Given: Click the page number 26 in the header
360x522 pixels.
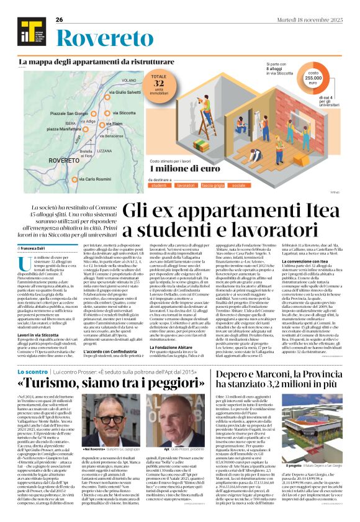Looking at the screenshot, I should click(60, 20).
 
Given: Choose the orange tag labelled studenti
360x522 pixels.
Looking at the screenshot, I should click(159, 185).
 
